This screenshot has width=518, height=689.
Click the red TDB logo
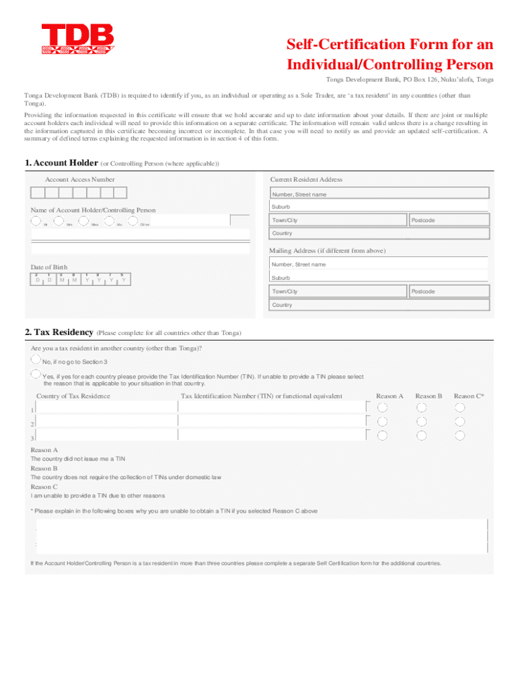tap(77, 39)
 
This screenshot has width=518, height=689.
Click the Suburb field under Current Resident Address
tap(379, 207)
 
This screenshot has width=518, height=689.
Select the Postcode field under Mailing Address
tap(449, 291)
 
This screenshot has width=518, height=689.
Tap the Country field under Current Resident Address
tap(379, 233)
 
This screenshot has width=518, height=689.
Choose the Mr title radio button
tap(36, 220)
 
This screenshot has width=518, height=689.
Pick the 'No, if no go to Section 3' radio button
tap(36, 360)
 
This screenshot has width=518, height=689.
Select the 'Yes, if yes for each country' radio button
tap(36, 373)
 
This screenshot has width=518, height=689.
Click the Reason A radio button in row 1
tap(382, 408)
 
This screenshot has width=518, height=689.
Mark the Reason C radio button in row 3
tap(460, 436)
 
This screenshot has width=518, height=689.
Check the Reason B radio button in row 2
tap(421, 422)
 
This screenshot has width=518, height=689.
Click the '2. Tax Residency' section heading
tap(59, 332)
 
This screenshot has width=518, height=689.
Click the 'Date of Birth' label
tap(49, 267)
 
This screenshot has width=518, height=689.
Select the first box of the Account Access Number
tap(38, 193)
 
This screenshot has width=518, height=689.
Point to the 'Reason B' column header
tap(429, 396)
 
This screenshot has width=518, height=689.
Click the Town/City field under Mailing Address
tap(338, 291)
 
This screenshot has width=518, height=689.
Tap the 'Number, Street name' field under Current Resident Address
tap(379, 194)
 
